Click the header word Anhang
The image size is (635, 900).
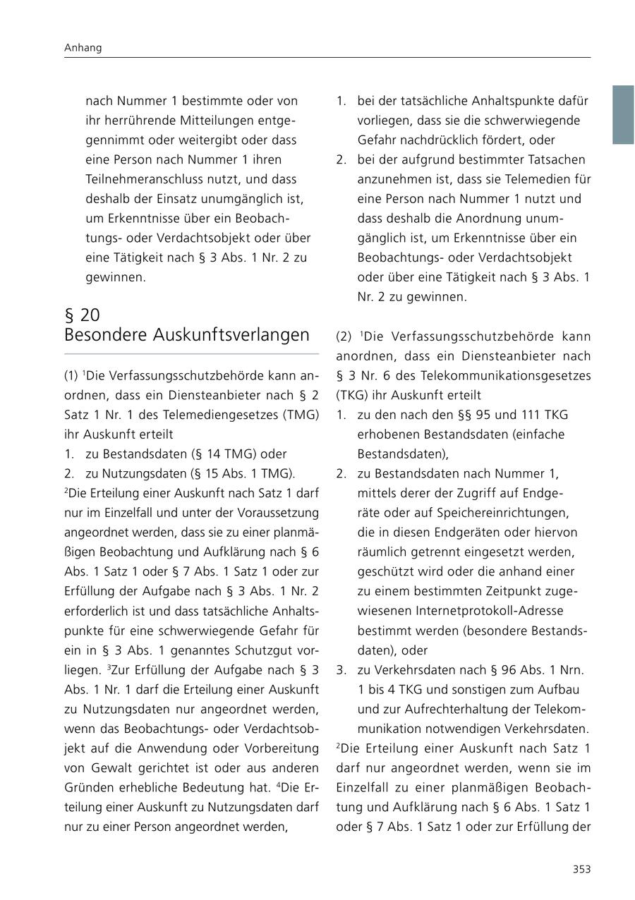point(83,48)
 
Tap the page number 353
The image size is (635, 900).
point(581,870)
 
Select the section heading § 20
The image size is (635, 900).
point(83,315)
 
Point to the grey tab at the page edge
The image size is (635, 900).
point(622,115)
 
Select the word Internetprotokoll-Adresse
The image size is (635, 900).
point(460,611)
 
